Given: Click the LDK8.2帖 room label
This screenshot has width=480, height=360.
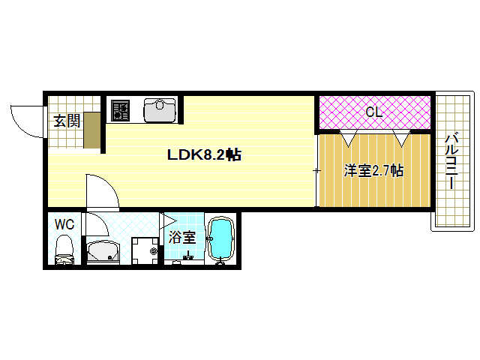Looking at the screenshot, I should click(x=203, y=155).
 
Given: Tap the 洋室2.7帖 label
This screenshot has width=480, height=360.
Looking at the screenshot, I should click(x=373, y=171).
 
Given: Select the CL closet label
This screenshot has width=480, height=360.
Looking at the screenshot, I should click(x=373, y=113).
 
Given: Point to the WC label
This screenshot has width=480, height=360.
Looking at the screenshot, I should click(x=64, y=223).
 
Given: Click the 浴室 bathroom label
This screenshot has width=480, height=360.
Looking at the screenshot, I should click(x=181, y=238).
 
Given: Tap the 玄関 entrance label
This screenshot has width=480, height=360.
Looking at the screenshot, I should click(x=67, y=121).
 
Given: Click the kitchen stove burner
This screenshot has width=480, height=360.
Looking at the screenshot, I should click(x=121, y=111).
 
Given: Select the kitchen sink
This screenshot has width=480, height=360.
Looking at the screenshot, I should click(x=158, y=109).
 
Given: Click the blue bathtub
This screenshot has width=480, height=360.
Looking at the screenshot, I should click(x=220, y=239).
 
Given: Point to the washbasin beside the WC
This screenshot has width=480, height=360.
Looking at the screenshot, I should click(x=102, y=252).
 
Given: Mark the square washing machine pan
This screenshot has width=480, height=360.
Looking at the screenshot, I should click(x=144, y=251).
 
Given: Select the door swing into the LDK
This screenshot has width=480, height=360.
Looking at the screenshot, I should click(x=100, y=190).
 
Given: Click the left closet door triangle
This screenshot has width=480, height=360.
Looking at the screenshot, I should click(x=349, y=139).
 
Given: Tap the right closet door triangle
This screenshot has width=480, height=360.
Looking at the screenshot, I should click(x=401, y=139).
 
